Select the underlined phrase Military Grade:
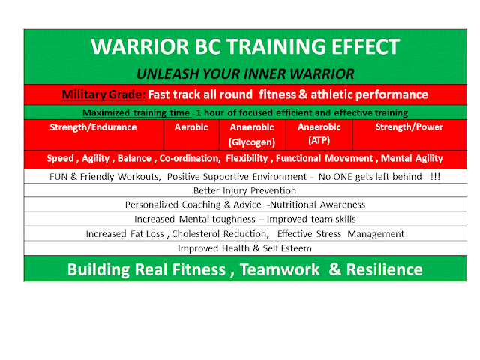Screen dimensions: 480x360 pos(103,94)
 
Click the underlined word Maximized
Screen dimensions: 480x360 pos(106,112)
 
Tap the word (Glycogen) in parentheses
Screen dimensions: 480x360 pos(252,142)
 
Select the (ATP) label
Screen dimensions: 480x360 pos(319,140)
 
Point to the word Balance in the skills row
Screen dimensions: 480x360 pos(134,158)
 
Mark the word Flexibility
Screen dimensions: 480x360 pos(247,158)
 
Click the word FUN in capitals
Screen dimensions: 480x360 pos(58,177)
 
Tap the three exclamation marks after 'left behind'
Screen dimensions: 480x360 pos(435,177)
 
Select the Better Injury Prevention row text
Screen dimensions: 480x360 pos(245,190)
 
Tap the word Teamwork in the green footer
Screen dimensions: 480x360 pos(280,269)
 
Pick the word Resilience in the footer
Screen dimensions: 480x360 pos(384,269)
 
